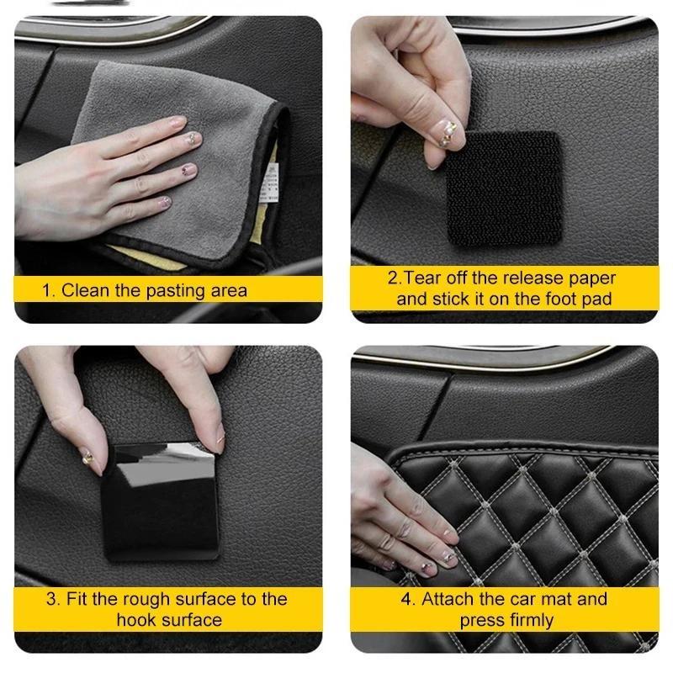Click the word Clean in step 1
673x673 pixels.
coord(85,290)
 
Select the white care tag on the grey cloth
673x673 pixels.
coord(268,182)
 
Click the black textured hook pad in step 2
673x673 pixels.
coord(505,188)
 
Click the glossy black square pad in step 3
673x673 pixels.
coord(161,501)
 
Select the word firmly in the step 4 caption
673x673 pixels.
coord(532,621)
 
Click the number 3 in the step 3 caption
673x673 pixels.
coord(51,600)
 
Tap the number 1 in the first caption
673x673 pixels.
coord(46,291)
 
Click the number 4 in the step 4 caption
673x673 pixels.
coord(406,600)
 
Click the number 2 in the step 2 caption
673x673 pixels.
coord(393,278)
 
